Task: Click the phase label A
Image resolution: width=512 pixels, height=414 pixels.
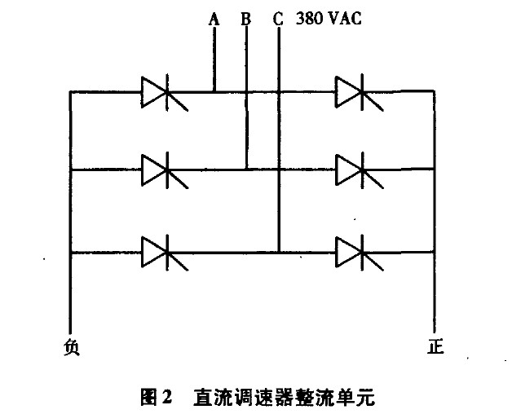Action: pos(214,18)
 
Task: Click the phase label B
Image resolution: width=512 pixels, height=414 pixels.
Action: pos(245,18)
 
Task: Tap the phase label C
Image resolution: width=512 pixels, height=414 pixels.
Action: pos(278,18)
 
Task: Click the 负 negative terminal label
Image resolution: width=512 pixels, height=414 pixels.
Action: pos(72,347)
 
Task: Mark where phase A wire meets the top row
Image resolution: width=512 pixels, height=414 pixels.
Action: pos(214,92)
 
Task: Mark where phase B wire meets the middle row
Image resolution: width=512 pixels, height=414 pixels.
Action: pos(246,170)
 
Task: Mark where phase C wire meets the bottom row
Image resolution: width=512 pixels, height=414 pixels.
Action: pos(279,252)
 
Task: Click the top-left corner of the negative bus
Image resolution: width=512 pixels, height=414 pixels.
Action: pos(70,92)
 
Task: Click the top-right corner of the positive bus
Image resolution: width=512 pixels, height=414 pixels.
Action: pos(435,92)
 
